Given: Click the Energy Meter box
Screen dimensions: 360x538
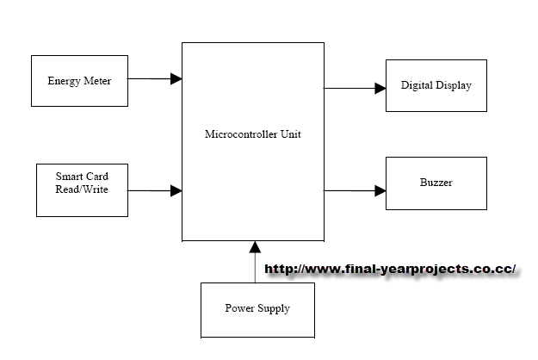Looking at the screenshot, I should tap(78, 80).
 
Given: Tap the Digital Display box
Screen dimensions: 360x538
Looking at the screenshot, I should tap(436, 86).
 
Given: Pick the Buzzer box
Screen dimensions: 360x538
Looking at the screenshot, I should tap(436, 183).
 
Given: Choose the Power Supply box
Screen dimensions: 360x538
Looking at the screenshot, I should tap(257, 308).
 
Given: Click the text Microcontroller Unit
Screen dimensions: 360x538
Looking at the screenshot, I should tap(253, 134).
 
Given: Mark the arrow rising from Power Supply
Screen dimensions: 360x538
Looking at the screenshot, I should tap(255, 262).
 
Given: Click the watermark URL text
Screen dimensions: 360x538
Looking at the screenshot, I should tap(390, 269).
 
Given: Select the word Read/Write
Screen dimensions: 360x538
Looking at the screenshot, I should tap(84, 189).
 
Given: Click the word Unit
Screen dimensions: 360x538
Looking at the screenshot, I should tap(291, 134).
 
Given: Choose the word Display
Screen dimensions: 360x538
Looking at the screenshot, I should tap(454, 86).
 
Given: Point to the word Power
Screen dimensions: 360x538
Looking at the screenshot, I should tap(239, 308).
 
